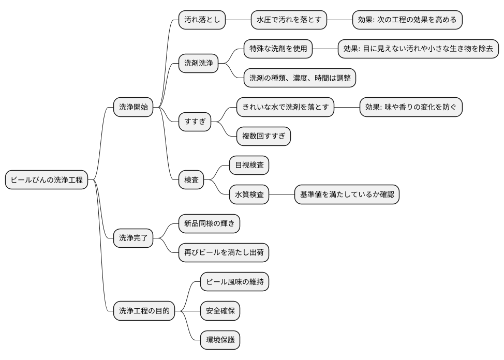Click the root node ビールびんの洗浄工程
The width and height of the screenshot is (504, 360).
47,181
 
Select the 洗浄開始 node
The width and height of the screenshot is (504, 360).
134,108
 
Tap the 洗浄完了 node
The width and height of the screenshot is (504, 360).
134,238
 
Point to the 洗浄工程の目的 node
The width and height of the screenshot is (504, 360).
144,311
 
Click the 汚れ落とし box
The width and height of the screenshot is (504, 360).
202,20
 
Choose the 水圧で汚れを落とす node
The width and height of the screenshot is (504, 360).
289,20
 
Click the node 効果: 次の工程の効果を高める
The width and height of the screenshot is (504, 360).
407,20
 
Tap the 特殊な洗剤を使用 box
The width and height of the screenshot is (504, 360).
278,49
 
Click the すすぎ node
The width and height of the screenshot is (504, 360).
195,122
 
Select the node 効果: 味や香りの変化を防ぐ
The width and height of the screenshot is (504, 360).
410,108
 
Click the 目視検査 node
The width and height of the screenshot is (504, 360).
249,166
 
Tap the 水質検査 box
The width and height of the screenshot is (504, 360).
249,195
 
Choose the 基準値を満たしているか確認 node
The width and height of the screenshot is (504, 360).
347,195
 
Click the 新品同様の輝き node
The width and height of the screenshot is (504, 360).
209,224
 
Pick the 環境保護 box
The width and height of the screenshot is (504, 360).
220,340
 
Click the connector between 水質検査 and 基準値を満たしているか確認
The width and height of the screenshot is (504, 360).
282,195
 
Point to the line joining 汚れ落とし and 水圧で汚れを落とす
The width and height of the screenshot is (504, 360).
239,20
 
